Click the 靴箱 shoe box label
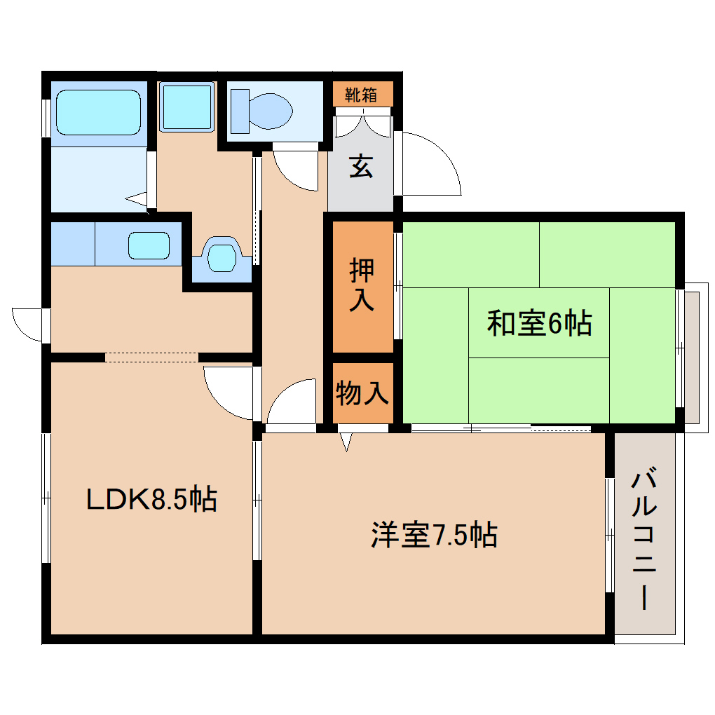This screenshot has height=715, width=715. [362, 94]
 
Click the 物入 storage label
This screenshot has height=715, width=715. [362, 393]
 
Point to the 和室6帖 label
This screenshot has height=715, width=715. [539, 323]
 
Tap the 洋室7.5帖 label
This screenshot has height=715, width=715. [434, 535]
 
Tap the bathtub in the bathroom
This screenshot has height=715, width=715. [98, 111]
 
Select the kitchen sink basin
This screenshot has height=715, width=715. [149, 246]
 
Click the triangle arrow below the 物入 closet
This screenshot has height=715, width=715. [346, 442]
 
